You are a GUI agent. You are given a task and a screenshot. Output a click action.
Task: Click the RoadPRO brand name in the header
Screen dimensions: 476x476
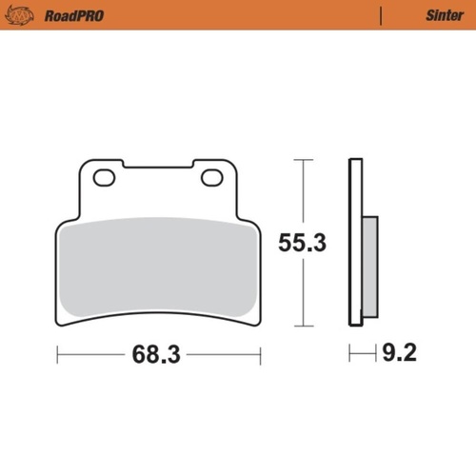pos(74,16)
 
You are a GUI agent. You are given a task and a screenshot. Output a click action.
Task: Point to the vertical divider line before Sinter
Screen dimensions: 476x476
pos(381,16)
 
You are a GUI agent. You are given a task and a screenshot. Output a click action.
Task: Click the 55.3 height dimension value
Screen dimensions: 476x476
pos(302,243)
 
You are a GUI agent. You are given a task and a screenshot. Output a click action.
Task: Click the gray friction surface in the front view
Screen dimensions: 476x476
pos(158,271)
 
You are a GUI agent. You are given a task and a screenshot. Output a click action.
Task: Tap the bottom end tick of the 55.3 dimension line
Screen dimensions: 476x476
pos(302,327)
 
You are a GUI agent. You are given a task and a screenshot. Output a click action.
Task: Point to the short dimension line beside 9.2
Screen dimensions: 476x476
pos(362,356)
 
